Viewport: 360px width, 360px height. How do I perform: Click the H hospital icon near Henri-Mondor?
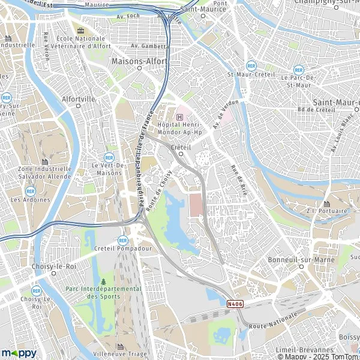tap(179, 109)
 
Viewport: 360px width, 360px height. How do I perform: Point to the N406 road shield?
tap(235, 304)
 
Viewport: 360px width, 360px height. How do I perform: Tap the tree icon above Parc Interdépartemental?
tap(103, 281)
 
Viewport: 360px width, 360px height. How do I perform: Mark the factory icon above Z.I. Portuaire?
tap(331, 200)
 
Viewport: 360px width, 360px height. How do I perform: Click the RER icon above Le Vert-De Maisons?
tap(109, 157)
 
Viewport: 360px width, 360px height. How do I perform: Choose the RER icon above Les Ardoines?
tap(30, 191)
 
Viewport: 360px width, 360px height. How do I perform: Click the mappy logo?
tap(19, 353)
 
